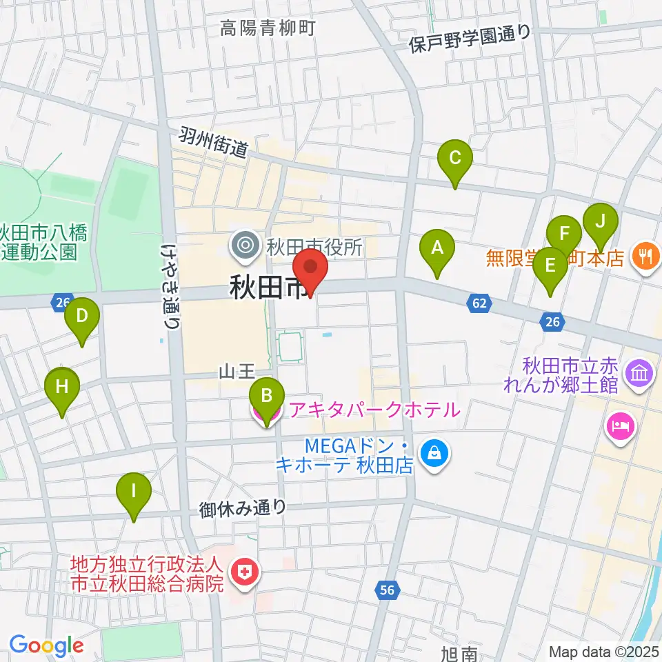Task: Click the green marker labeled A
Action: (437, 249)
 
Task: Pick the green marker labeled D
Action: (82, 317)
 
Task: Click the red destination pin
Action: (310, 269)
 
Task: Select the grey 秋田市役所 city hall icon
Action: (244, 245)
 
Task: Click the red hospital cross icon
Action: (243, 571)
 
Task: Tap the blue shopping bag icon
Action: (437, 454)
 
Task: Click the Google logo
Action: (46, 645)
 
